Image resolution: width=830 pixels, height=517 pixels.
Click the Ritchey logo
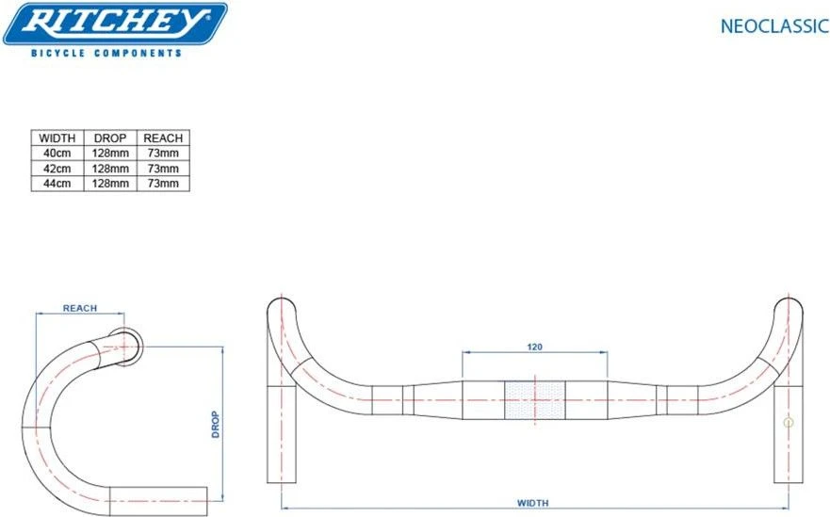point(115,24)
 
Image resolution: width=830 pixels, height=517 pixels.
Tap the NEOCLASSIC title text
point(774,26)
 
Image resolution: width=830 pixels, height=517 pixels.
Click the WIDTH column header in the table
point(57,138)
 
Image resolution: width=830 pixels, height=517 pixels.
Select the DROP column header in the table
point(110,138)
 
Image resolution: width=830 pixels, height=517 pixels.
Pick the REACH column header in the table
point(163,138)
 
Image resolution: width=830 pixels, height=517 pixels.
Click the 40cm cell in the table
point(57,153)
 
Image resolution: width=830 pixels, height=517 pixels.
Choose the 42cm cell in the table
point(57,169)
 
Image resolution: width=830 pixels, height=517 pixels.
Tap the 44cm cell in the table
point(57,184)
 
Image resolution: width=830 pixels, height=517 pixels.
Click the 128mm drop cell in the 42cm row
point(110,169)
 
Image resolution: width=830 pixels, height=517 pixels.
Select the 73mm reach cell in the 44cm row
point(163,184)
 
